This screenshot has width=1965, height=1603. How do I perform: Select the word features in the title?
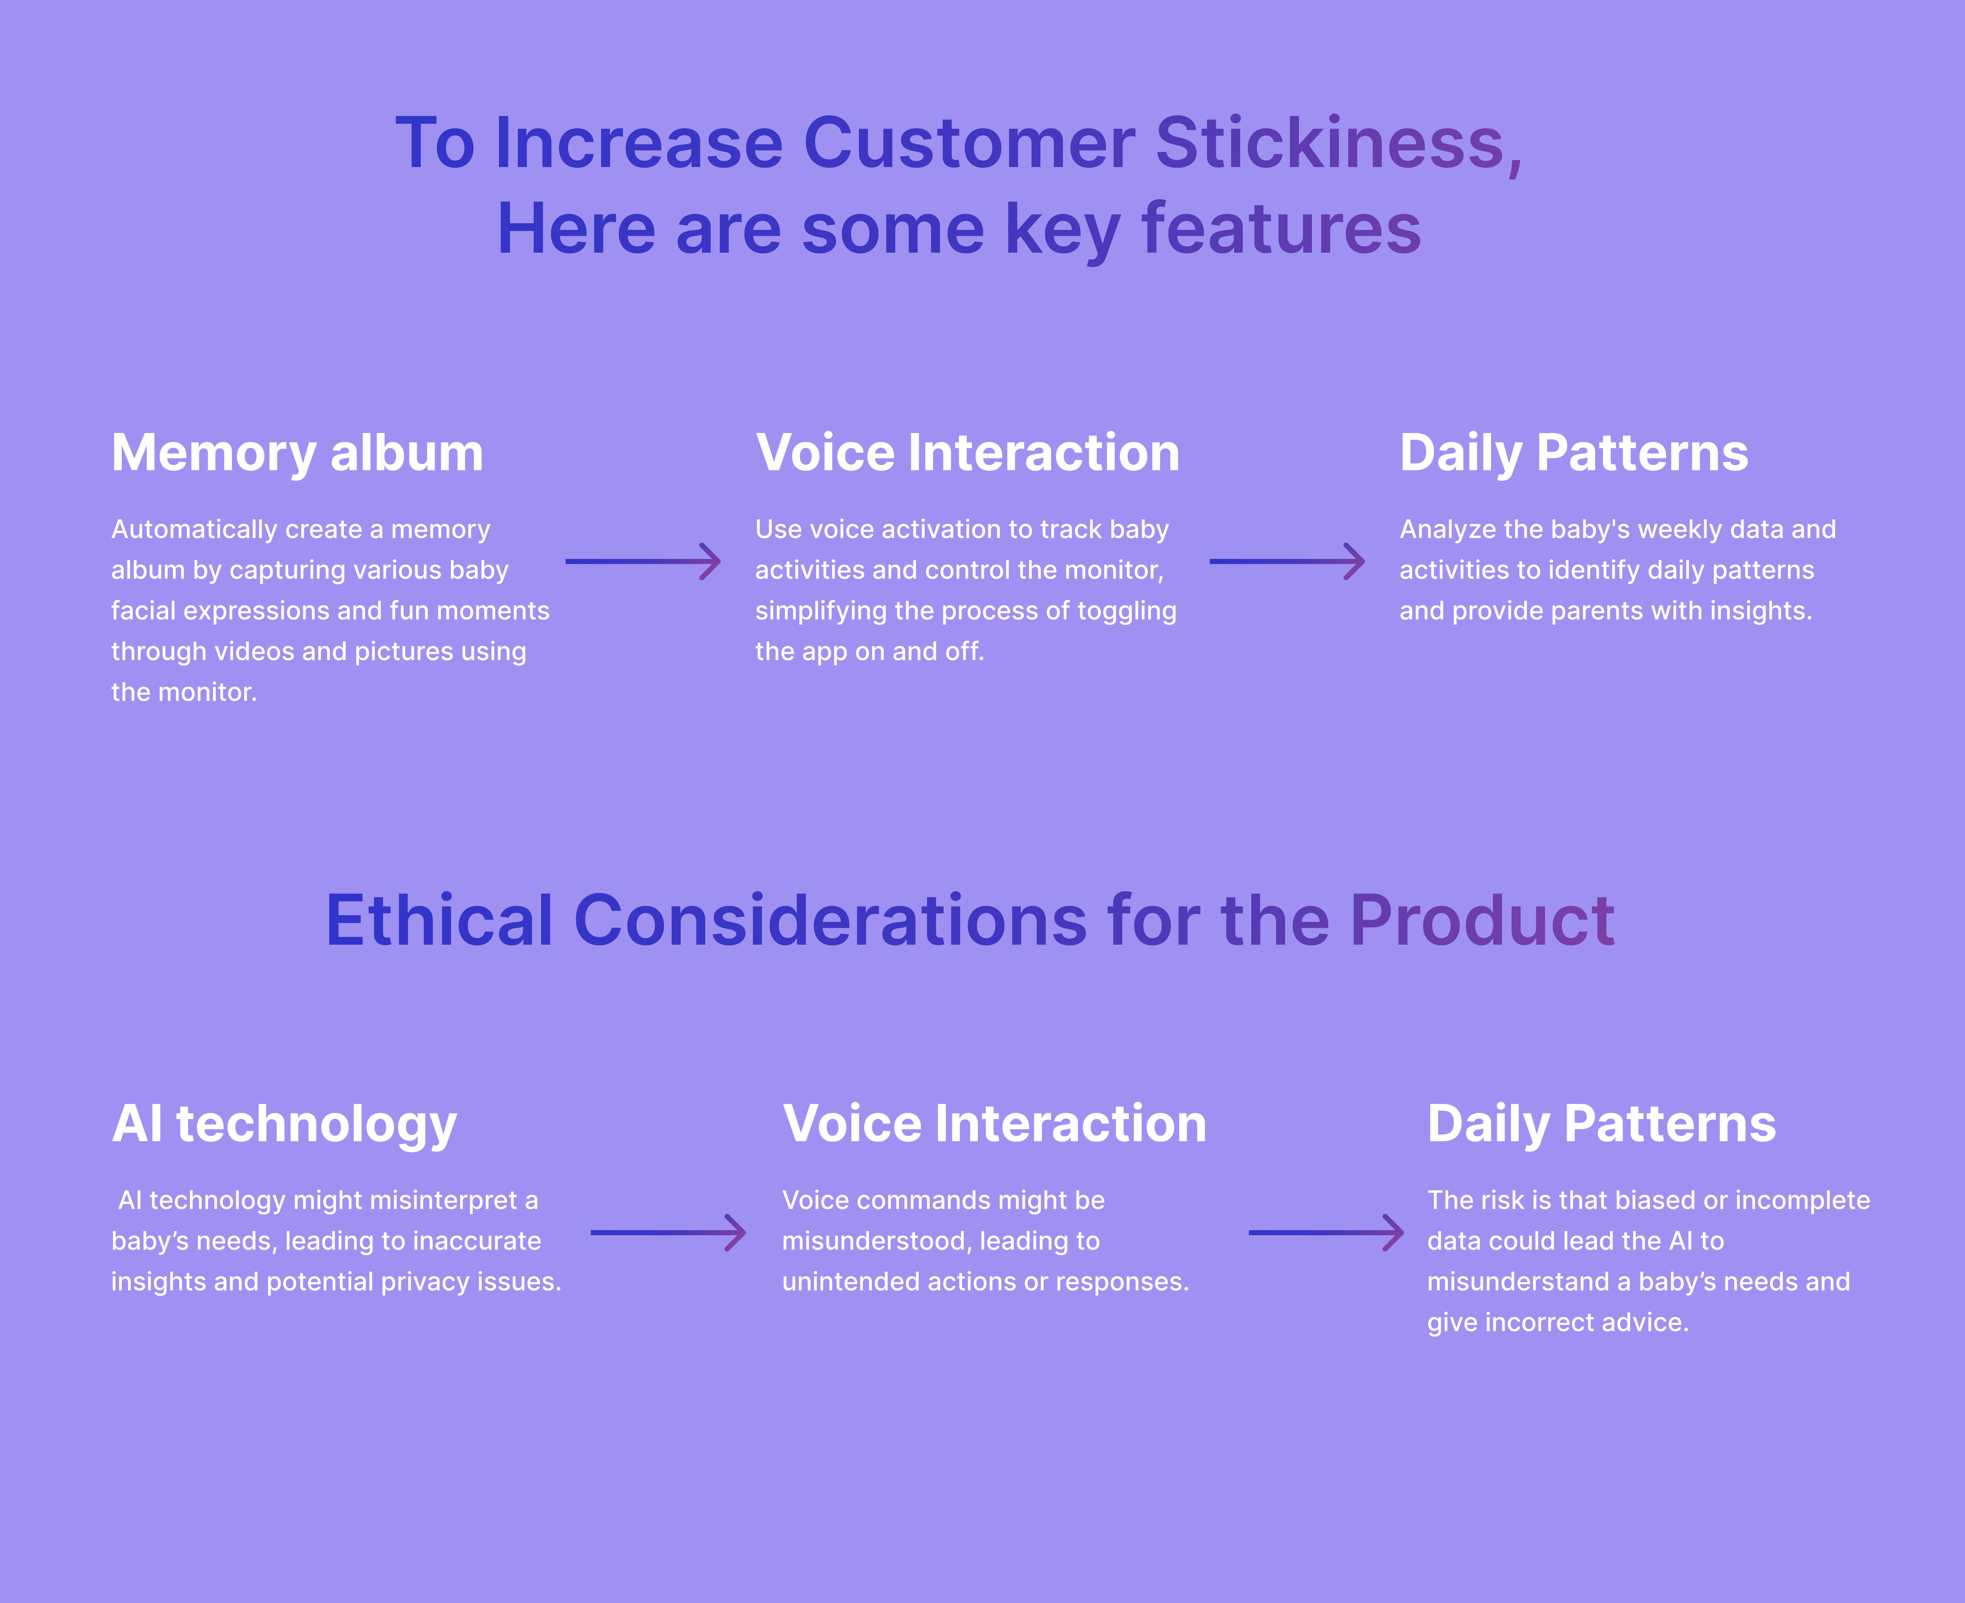coord(1282,229)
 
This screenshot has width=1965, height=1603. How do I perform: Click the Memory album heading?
coord(297,453)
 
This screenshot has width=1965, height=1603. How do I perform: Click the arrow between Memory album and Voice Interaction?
coord(643,561)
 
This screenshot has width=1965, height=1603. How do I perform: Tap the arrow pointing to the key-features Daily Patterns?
coord(1287,561)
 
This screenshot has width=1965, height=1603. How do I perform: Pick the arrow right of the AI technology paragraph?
coord(668,1233)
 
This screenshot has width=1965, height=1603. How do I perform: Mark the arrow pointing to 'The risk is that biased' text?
coord(1326,1233)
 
